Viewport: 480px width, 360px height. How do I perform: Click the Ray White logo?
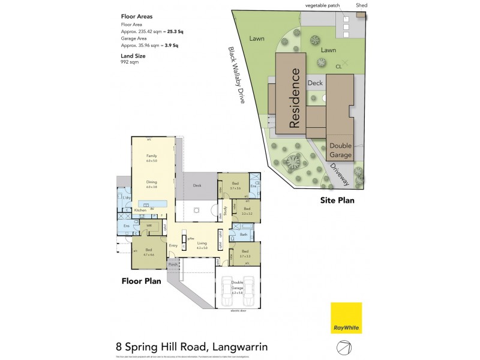pyautogui.click(x=346, y=317)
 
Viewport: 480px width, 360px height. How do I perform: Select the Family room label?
pyautogui.click(x=151, y=157)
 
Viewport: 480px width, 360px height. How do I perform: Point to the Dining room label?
pyautogui.click(x=151, y=182)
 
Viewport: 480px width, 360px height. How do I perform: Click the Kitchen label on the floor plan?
pyautogui.click(x=140, y=211)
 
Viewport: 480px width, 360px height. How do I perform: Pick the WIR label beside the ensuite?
pyautogui.click(x=149, y=226)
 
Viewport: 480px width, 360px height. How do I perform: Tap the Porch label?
pyautogui.click(x=172, y=263)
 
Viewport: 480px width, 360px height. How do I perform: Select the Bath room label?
pyautogui.click(x=244, y=235)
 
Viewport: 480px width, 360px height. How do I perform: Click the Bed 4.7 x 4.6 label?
pyautogui.click(x=148, y=251)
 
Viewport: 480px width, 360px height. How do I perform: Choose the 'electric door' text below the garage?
pyautogui.click(x=239, y=311)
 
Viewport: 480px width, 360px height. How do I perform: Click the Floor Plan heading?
pyautogui.click(x=141, y=280)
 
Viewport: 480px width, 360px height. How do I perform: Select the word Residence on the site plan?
pyautogui.click(x=294, y=98)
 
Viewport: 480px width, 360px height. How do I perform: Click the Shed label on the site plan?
pyautogui.click(x=361, y=5)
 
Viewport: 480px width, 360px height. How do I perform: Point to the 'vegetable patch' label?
pyautogui.click(x=322, y=5)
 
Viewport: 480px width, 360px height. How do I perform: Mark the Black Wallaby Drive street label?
pyautogui.click(x=236, y=76)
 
